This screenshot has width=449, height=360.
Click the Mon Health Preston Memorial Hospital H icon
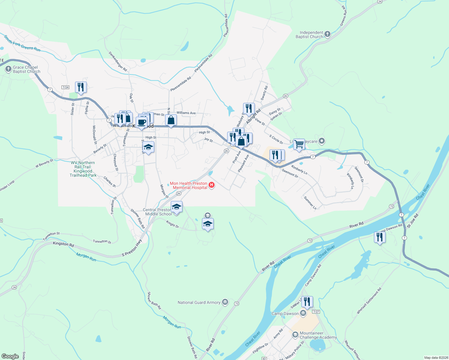pos(212,185)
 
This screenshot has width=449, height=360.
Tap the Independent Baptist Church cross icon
pos(327,34)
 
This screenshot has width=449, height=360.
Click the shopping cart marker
pos(299,144)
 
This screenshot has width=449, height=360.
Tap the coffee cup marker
pos(142,122)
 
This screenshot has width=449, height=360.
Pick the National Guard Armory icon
pos(225,302)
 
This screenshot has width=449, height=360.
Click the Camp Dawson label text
pos(285,314)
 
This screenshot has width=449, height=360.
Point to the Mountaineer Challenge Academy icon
pos(295,334)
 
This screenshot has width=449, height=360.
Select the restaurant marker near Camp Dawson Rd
pos(380,237)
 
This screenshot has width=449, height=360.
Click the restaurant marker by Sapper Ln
pos(307,301)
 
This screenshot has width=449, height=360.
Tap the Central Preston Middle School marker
pos(176,207)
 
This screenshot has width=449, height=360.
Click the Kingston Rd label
pos(63,244)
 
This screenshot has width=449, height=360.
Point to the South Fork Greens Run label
pos(22,43)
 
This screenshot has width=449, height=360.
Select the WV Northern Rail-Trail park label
pos(83,169)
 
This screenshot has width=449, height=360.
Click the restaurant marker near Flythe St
pos(81,87)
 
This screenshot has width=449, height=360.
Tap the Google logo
pos(10,356)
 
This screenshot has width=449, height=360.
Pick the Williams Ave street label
pos(186,113)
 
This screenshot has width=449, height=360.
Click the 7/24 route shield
pos(65,87)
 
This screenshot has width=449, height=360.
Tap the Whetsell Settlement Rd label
pos(369,301)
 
